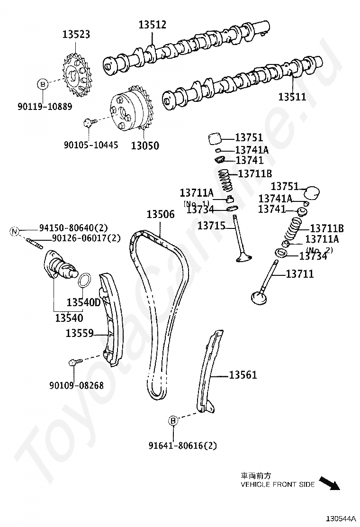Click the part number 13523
(x=76, y=35)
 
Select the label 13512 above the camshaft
(x=153, y=25)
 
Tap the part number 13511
(x=292, y=97)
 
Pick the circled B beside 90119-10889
(x=43, y=85)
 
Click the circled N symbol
(x=15, y=231)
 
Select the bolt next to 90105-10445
(x=88, y=123)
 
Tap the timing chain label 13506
(x=161, y=214)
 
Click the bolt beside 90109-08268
(x=74, y=363)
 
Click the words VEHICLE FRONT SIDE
(x=277, y=484)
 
